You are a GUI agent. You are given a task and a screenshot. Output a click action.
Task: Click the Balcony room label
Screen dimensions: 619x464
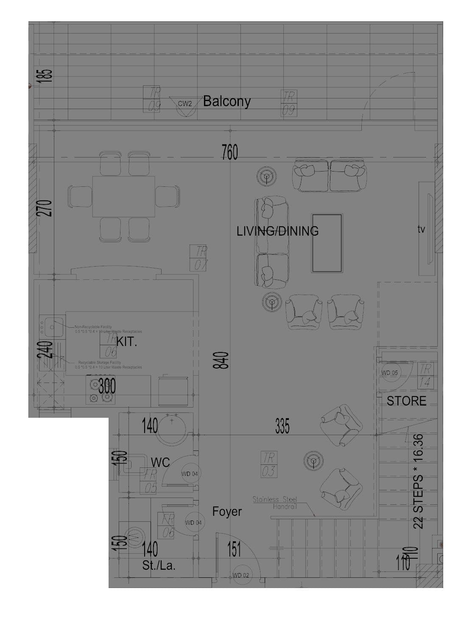click(226, 101)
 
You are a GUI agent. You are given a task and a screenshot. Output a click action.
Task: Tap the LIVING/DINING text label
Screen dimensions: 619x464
click(277, 231)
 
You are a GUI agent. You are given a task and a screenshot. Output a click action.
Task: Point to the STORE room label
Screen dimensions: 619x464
click(406, 401)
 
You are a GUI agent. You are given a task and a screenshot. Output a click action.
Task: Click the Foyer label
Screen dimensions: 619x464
click(227, 512)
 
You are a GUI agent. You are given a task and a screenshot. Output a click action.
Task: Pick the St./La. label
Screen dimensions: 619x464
click(159, 566)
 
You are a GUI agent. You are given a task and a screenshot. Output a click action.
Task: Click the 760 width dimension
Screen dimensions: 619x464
click(229, 152)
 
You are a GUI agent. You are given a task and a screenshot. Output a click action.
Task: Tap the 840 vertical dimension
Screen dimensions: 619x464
click(224, 360)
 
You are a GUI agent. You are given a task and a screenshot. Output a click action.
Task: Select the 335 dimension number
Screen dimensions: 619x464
click(282, 426)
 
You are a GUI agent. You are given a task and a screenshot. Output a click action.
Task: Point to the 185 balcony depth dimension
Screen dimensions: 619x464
click(46, 76)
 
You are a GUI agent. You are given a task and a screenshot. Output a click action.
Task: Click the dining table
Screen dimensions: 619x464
click(123, 197)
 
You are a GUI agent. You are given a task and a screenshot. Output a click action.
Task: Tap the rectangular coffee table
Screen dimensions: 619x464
click(327, 243)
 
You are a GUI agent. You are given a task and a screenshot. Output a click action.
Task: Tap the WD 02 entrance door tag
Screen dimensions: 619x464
click(240, 575)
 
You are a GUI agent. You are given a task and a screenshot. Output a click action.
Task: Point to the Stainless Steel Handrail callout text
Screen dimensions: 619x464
click(275, 503)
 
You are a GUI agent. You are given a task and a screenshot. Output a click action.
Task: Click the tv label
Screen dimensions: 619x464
click(421, 229)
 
